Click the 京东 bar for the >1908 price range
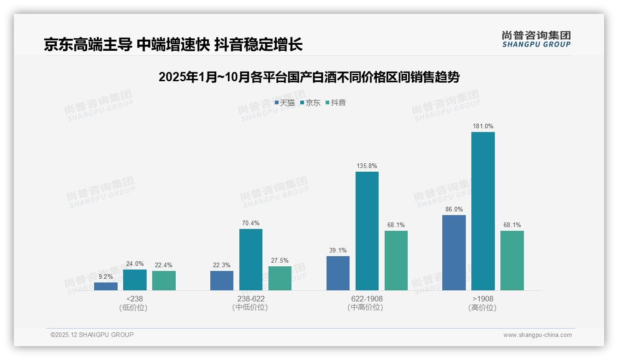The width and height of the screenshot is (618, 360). coord(483,211)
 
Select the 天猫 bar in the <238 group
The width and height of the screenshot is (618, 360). coord(106,286)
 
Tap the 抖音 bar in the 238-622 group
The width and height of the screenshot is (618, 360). coord(280,278)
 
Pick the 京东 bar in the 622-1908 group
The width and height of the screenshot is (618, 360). coord(367,231)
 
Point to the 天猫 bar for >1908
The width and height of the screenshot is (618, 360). coord(454,252)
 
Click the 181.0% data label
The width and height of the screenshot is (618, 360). coord(483,126)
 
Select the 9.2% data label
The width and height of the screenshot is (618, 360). coord(106,276)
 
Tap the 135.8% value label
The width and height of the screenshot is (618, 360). coord(367,166)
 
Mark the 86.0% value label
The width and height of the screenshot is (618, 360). coord(454,209)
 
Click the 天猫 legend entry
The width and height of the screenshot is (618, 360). coord(285,102)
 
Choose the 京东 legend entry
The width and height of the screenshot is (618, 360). coord(310,102)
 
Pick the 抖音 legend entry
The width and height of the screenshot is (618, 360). coord(336,102)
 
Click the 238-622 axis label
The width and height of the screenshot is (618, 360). coord(251,299)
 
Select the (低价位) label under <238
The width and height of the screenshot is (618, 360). coord(134,308)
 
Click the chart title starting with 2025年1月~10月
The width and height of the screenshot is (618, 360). coord(309,77)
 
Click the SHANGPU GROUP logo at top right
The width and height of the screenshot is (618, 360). coord(536,39)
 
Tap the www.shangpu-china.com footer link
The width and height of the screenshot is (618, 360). coord(537,335)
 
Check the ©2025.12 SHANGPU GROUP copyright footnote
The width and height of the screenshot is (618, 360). coord(92,335)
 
